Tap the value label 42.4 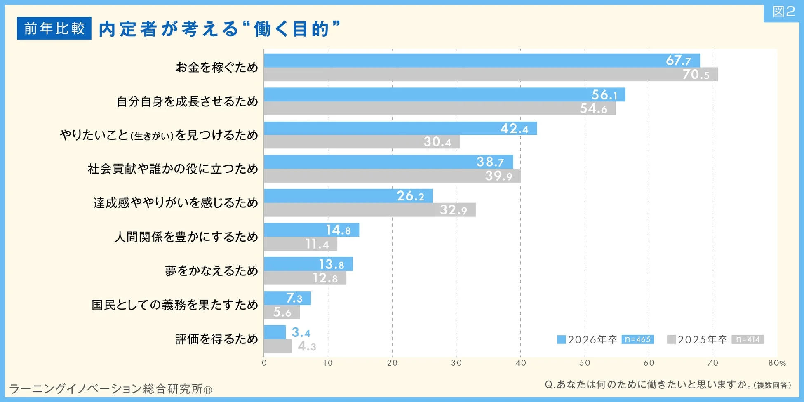pos(514,129)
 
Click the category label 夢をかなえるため pos(211,271)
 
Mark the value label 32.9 pos(453,210)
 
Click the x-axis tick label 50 pos(585,363)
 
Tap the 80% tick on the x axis pos(777,363)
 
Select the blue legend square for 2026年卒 pos(561,339)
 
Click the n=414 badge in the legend pos(748,339)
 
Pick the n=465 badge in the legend pos(637,339)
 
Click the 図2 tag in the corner pos(783,12)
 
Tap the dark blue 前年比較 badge pos(54,28)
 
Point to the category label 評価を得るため pos(216,339)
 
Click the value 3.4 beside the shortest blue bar pos(301,332)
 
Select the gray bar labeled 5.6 pos(282,312)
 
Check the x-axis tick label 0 pos(264,363)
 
